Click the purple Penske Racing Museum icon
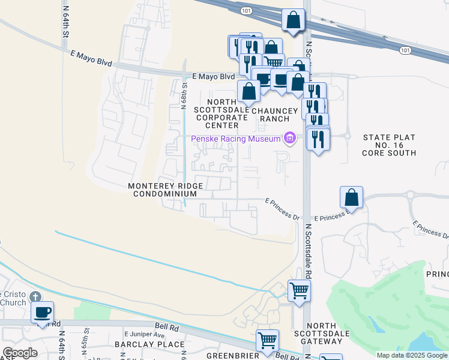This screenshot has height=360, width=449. pos(290,139)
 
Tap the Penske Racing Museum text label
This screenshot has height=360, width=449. pos(236,139)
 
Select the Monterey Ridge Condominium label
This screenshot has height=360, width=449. pos(165,190)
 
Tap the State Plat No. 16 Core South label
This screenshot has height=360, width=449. pos(389,145)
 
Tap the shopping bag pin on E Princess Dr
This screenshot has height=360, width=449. pos(351,197)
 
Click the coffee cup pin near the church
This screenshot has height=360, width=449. pos(42,312)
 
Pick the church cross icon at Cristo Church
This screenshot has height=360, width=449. pos(36,297)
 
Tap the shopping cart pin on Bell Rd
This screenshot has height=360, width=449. pos(267,340)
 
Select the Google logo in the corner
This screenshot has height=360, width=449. pos(20,353)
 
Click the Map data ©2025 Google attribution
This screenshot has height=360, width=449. pos(412,355)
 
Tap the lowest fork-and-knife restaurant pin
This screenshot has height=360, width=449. pos(318,139)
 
